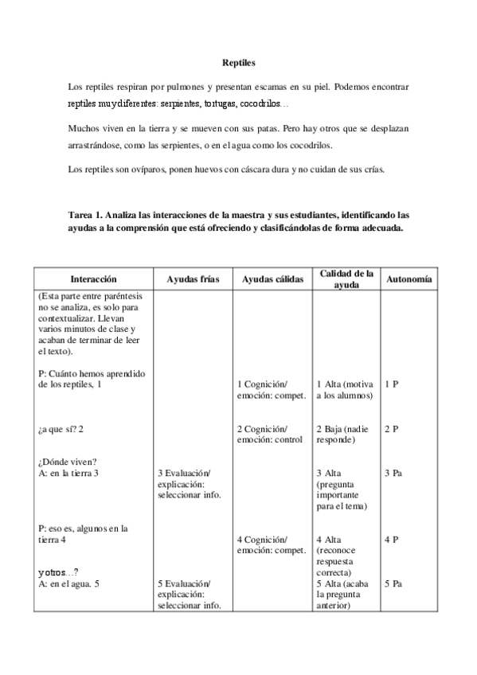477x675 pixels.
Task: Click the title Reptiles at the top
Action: [238, 61]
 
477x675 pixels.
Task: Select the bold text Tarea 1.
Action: [88, 215]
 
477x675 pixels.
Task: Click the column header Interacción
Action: [93, 279]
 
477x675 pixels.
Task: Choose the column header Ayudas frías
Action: [190, 279]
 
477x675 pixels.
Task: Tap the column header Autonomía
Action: [409, 279]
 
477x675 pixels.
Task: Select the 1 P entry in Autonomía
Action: [391, 384]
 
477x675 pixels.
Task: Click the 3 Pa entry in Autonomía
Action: [393, 474]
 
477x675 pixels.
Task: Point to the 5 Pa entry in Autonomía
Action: [393, 583]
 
